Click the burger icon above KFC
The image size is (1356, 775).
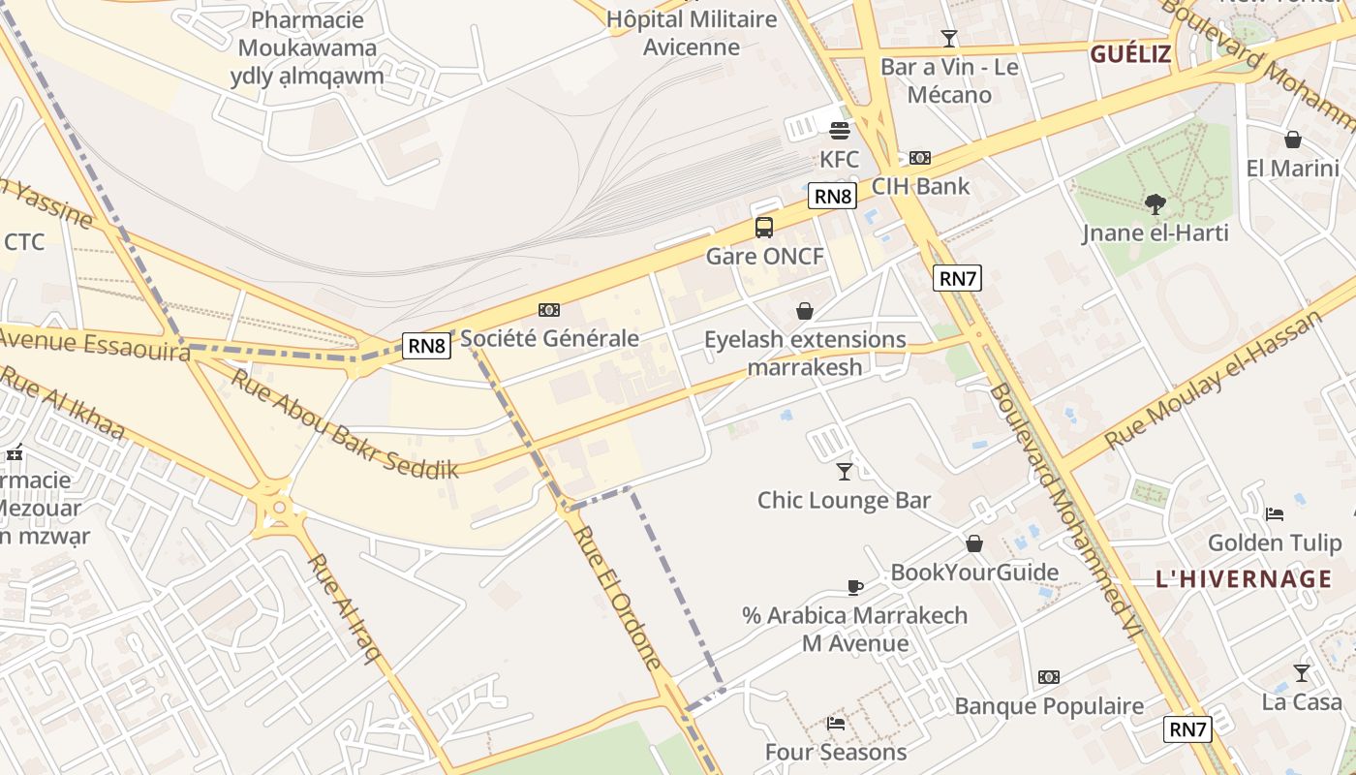(x=839, y=130)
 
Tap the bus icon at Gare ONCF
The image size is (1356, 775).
(x=764, y=228)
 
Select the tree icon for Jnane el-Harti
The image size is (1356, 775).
(x=1155, y=203)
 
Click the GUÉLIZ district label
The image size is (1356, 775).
(x=1130, y=54)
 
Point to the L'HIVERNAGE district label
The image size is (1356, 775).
(x=1244, y=579)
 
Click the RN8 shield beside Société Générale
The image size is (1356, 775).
(x=426, y=345)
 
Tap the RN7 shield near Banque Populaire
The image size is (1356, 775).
(x=1187, y=729)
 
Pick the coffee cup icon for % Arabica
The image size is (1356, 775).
(x=854, y=586)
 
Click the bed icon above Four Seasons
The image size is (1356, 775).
(x=836, y=723)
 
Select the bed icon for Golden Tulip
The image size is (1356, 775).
(x=1275, y=513)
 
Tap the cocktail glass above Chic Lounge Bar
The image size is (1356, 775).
(x=845, y=471)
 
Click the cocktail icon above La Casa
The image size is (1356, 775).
(x=1302, y=672)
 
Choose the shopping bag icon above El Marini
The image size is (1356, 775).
(x=1292, y=139)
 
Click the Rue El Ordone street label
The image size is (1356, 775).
(x=617, y=598)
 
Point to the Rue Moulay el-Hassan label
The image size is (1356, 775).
(x=1213, y=380)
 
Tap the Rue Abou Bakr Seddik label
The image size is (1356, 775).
(x=343, y=422)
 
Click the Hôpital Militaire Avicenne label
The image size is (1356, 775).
(x=692, y=33)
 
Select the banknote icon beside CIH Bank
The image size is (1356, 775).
(x=919, y=157)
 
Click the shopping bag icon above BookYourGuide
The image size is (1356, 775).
(x=974, y=543)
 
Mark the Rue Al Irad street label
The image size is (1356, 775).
(x=344, y=607)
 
